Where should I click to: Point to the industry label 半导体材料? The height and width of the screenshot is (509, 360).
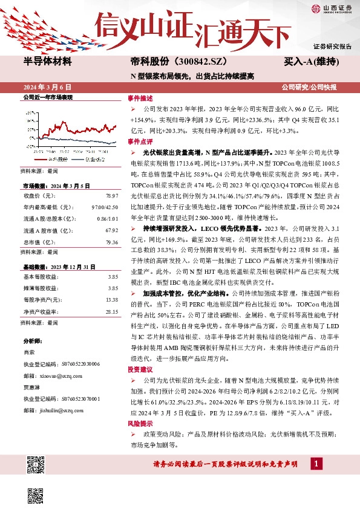coord(47,62)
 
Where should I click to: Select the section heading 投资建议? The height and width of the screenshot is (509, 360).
coord(137,369)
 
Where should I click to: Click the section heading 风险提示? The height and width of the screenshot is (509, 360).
coord(137,424)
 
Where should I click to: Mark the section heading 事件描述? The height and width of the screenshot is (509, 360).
coord(137,98)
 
